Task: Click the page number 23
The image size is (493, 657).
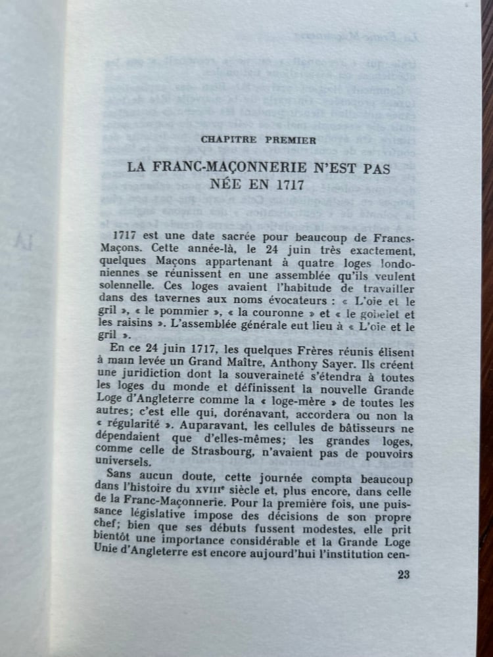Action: coord(404,575)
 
